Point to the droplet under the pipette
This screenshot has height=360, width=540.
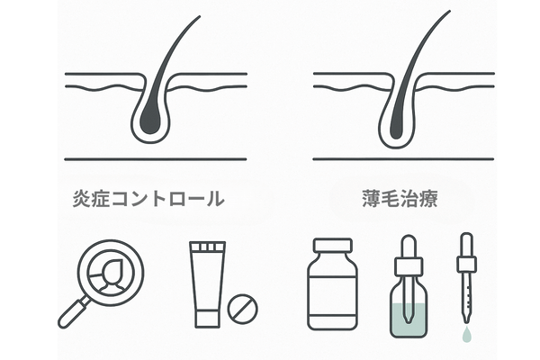[x=465, y=332]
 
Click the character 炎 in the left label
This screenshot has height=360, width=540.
[x=82, y=199]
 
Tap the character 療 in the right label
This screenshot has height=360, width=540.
[x=439, y=199]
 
